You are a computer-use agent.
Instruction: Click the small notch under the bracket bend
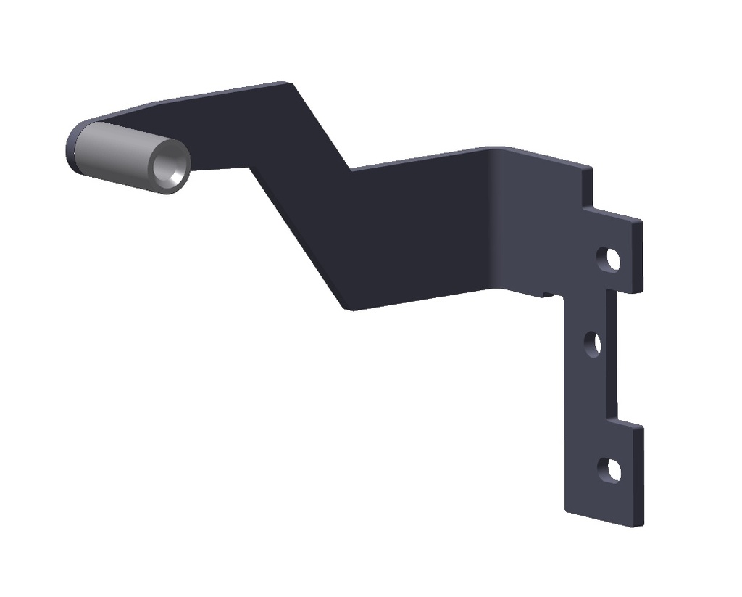[x=548, y=295]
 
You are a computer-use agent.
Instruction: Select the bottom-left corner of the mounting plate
[x=566, y=511]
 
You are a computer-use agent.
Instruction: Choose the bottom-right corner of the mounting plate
[x=641, y=524]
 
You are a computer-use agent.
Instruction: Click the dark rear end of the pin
[x=73, y=149]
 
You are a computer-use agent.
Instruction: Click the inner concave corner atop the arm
[x=351, y=170]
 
